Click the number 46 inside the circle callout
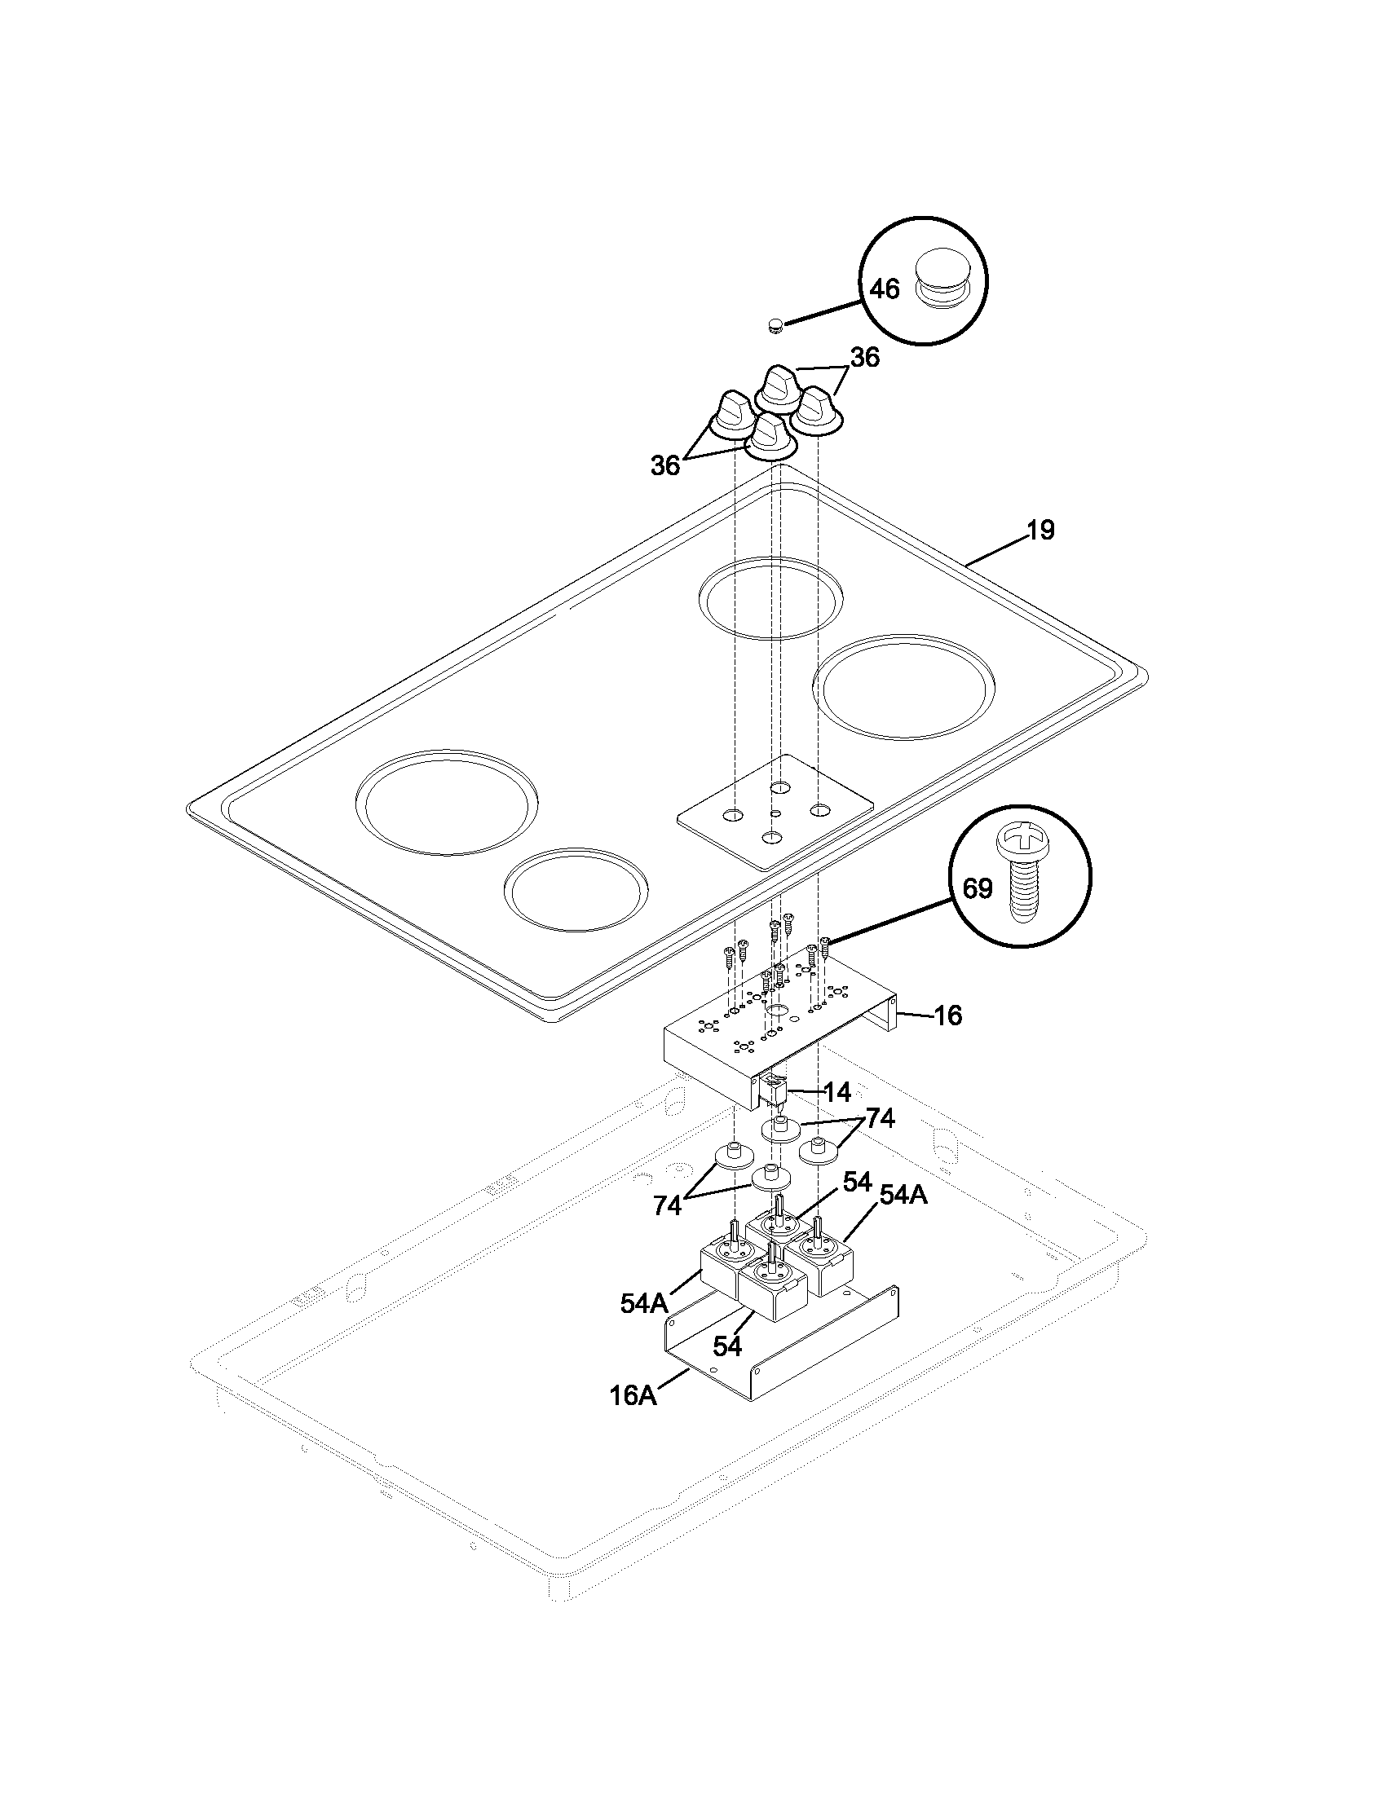pos(885,289)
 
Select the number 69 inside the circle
pos(977,888)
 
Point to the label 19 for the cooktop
pos(1040,531)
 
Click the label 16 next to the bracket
pos(947,1015)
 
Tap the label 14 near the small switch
pos(836,1092)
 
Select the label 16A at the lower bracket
pos(633,1395)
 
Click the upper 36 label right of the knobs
pos(863,358)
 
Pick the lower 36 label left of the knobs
pos(665,465)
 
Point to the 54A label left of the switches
pos(645,1304)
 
